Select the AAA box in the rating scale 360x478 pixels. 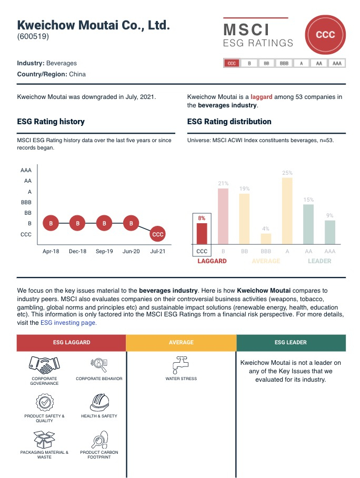tap(336, 63)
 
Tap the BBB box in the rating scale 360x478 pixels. tap(284, 63)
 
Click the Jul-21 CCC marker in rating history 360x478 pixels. tap(157, 234)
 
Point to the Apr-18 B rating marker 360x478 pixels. tap(51, 223)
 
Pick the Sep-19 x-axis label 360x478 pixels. tap(104, 252)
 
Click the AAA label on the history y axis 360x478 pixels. tap(26, 171)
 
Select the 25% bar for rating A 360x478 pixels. tap(287, 211)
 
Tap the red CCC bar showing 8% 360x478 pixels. tap(202, 234)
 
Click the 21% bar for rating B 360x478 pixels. tap(223, 216)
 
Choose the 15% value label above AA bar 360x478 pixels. tap(308, 200)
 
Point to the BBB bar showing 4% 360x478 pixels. tap(266, 238)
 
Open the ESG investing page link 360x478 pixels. tap(68, 323)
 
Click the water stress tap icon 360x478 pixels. tap(181, 365)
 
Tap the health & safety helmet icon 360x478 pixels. tap(99, 402)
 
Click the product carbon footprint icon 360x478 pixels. tap(99, 439)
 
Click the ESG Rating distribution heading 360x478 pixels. tap(229, 122)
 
